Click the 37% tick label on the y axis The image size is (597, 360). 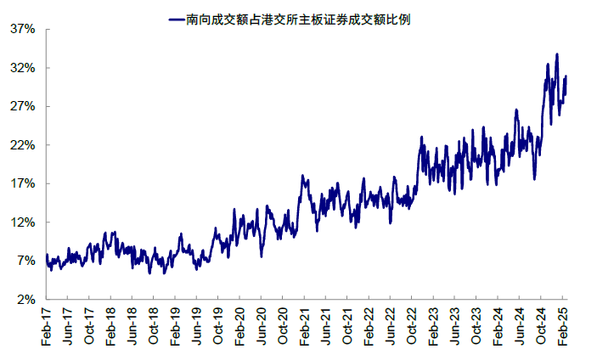(x=22, y=29)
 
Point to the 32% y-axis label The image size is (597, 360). (x=22, y=68)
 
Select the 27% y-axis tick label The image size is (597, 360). (x=22, y=106)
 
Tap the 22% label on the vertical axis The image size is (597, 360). (x=22, y=145)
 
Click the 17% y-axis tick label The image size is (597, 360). (x=22, y=183)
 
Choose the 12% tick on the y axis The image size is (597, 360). (x=22, y=222)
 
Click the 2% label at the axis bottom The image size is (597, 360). (x=25, y=300)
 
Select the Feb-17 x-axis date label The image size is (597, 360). (x=46, y=326)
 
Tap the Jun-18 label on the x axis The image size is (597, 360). (x=132, y=326)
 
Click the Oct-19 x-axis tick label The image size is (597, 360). (x=218, y=326)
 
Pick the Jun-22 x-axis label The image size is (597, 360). (x=391, y=326)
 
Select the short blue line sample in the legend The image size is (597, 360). (x=177, y=19)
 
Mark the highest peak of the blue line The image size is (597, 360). (x=556, y=54)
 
